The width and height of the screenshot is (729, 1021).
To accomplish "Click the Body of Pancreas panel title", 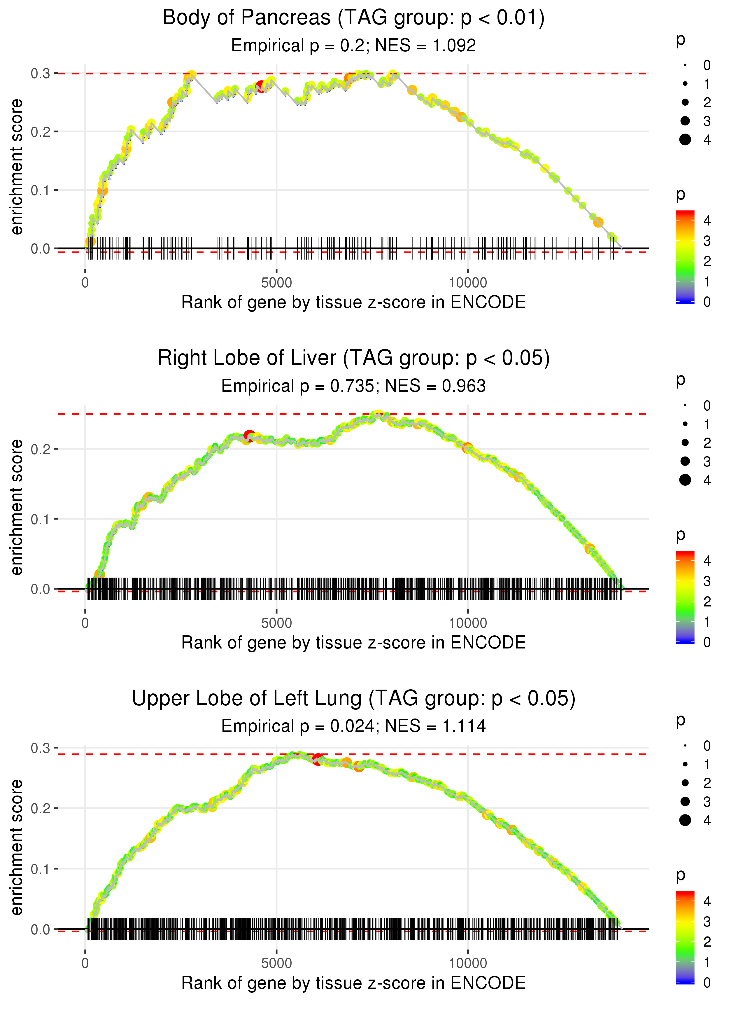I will (353, 18).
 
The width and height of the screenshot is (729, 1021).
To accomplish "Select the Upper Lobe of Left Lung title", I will (353, 699).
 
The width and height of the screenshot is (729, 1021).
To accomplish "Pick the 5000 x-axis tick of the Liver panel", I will (276, 623).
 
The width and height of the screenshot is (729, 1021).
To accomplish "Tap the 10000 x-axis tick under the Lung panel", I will (468, 963).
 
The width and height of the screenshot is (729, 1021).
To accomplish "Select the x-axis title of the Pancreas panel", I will (353, 302).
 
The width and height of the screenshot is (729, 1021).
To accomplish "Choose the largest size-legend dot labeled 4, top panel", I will (685, 140).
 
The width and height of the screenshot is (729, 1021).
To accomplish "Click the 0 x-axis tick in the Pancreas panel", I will (85, 283).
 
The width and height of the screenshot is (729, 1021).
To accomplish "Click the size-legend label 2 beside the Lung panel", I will (707, 783).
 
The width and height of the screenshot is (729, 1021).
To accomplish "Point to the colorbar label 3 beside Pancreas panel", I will (707, 241).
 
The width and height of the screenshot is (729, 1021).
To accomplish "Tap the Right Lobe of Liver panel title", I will (353, 358).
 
